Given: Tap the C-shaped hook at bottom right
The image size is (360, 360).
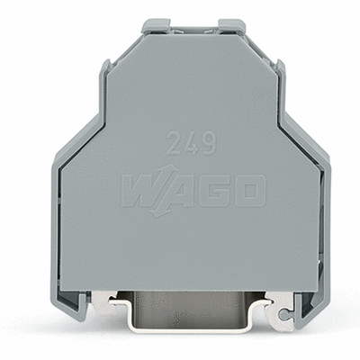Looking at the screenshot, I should [x=285, y=314].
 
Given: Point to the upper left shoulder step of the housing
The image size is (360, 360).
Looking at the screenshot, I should [x=105, y=72].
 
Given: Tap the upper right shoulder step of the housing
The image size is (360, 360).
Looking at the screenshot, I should [x=279, y=72].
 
